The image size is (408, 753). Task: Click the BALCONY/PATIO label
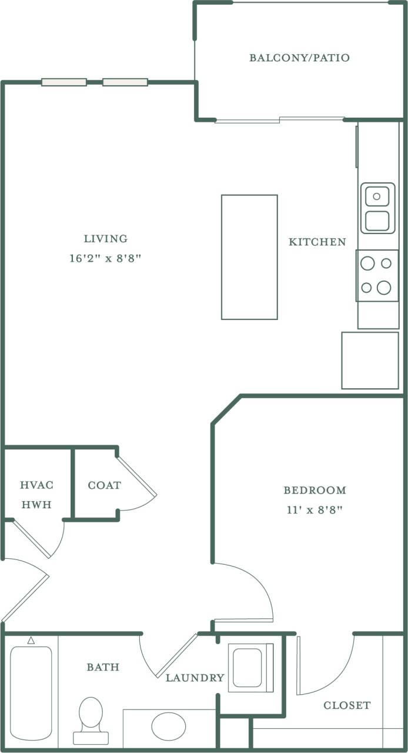(299, 58)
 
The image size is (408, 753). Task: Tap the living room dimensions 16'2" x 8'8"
(106, 258)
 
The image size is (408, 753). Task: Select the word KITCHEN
(317, 242)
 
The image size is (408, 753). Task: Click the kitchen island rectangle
(249, 257)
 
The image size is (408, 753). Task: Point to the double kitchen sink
(377, 208)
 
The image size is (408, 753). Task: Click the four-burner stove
(377, 275)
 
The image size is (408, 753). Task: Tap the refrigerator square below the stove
(370, 360)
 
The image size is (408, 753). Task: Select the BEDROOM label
(315, 490)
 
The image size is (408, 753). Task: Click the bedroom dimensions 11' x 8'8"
(315, 509)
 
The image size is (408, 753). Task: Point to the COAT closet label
(104, 485)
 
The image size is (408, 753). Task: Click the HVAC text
(36, 485)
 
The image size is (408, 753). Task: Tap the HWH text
(36, 505)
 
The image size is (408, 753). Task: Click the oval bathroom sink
(169, 726)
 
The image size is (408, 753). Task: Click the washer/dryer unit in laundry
(250, 667)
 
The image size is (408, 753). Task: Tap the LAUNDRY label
(195, 678)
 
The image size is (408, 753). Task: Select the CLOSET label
(347, 705)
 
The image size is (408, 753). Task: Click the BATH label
(103, 667)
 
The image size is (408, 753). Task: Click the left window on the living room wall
(64, 82)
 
